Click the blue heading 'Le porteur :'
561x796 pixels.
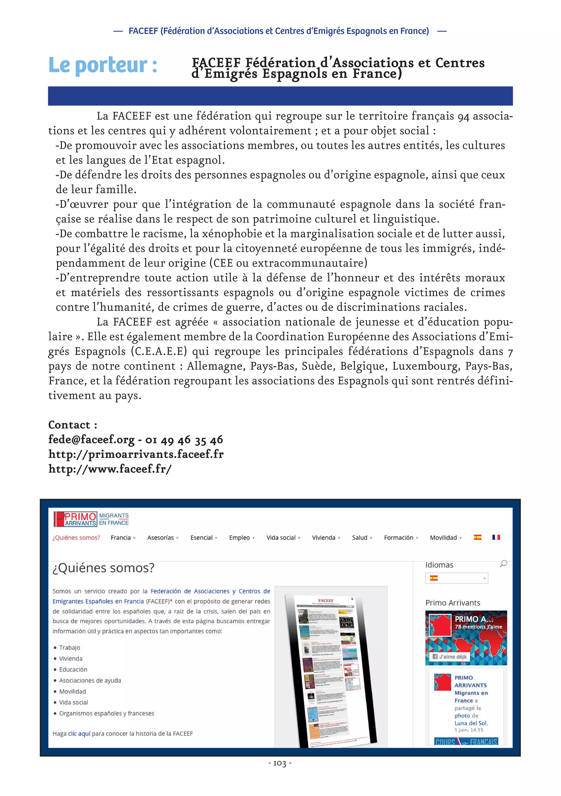(x=103, y=65)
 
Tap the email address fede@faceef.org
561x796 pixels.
(x=91, y=440)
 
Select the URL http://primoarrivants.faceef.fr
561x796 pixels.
(x=136, y=454)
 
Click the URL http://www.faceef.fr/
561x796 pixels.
(x=110, y=469)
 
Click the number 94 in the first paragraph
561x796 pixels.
(x=463, y=116)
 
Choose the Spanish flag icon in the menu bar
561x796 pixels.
(x=477, y=537)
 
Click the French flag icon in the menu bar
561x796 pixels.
(x=496, y=537)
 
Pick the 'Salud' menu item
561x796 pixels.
(x=360, y=538)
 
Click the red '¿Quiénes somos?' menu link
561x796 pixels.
(x=76, y=538)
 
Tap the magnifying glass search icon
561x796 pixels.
(x=503, y=563)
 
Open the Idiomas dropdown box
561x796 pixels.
(x=456, y=578)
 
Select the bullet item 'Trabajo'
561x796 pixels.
(x=69, y=648)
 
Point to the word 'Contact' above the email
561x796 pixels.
(x=69, y=425)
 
